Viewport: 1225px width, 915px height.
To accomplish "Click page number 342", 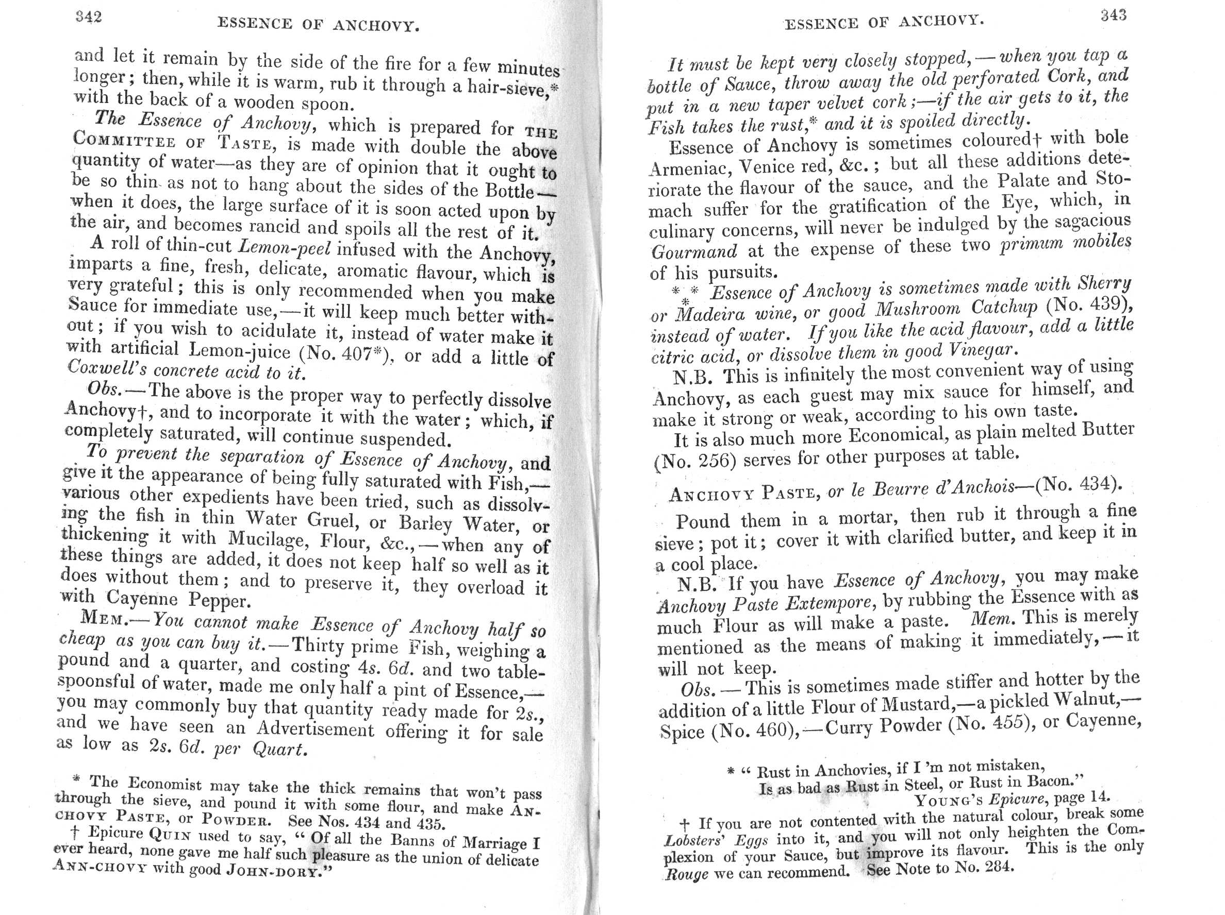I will (89, 17).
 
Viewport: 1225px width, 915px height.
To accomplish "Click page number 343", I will (1113, 15).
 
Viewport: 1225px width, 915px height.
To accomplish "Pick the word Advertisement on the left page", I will (315, 729).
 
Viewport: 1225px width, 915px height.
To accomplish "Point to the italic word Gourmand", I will (694, 252).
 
